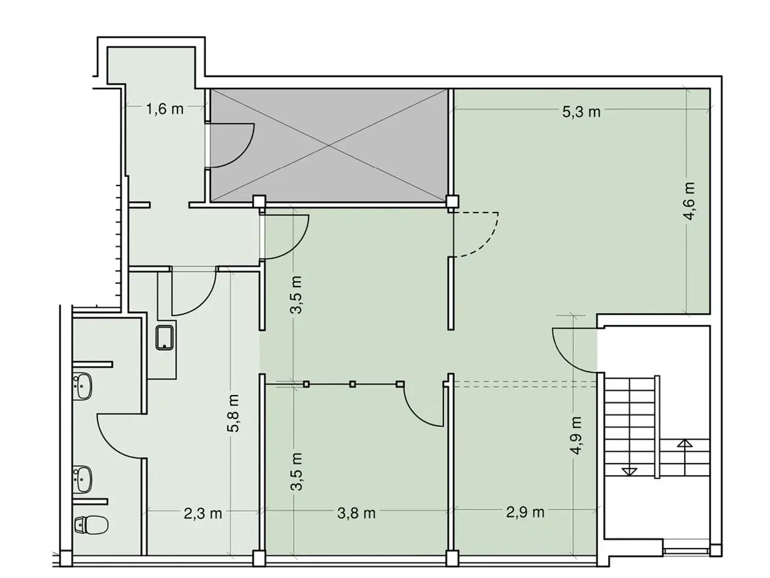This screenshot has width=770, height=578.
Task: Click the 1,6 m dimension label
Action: tap(164, 109)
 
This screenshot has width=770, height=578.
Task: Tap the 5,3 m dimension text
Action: tap(581, 112)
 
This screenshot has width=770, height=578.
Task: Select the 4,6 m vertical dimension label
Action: tap(689, 201)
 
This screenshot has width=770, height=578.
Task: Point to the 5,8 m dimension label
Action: tap(233, 412)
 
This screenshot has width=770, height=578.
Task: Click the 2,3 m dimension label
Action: tap(203, 514)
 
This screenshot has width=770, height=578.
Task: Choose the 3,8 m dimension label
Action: tap(356, 514)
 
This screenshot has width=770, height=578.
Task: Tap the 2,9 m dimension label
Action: tap(525, 512)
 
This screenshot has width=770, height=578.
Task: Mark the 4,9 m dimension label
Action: tap(576, 435)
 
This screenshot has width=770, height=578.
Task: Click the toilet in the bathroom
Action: tap(91, 524)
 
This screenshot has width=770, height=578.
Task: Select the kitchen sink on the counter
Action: tap(164, 337)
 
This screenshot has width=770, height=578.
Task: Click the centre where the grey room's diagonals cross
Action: tap(328, 145)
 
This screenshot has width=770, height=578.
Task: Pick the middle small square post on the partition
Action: tap(353, 384)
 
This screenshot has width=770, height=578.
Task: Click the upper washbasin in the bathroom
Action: tap(83, 386)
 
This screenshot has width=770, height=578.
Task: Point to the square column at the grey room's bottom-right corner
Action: tap(452, 201)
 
